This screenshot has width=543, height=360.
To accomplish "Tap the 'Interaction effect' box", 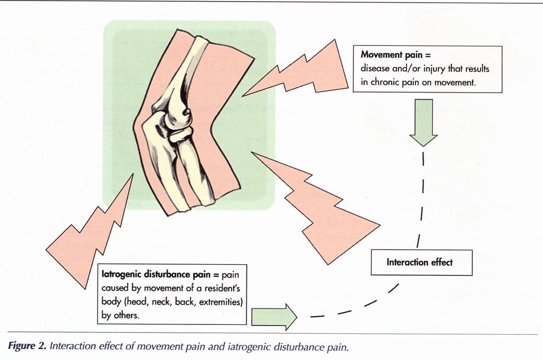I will point(420,262).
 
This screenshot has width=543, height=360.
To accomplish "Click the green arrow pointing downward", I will point(423,124).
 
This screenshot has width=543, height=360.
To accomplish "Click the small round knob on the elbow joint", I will point(188,112).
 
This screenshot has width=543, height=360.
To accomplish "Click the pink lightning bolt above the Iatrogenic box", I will point(90,230).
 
